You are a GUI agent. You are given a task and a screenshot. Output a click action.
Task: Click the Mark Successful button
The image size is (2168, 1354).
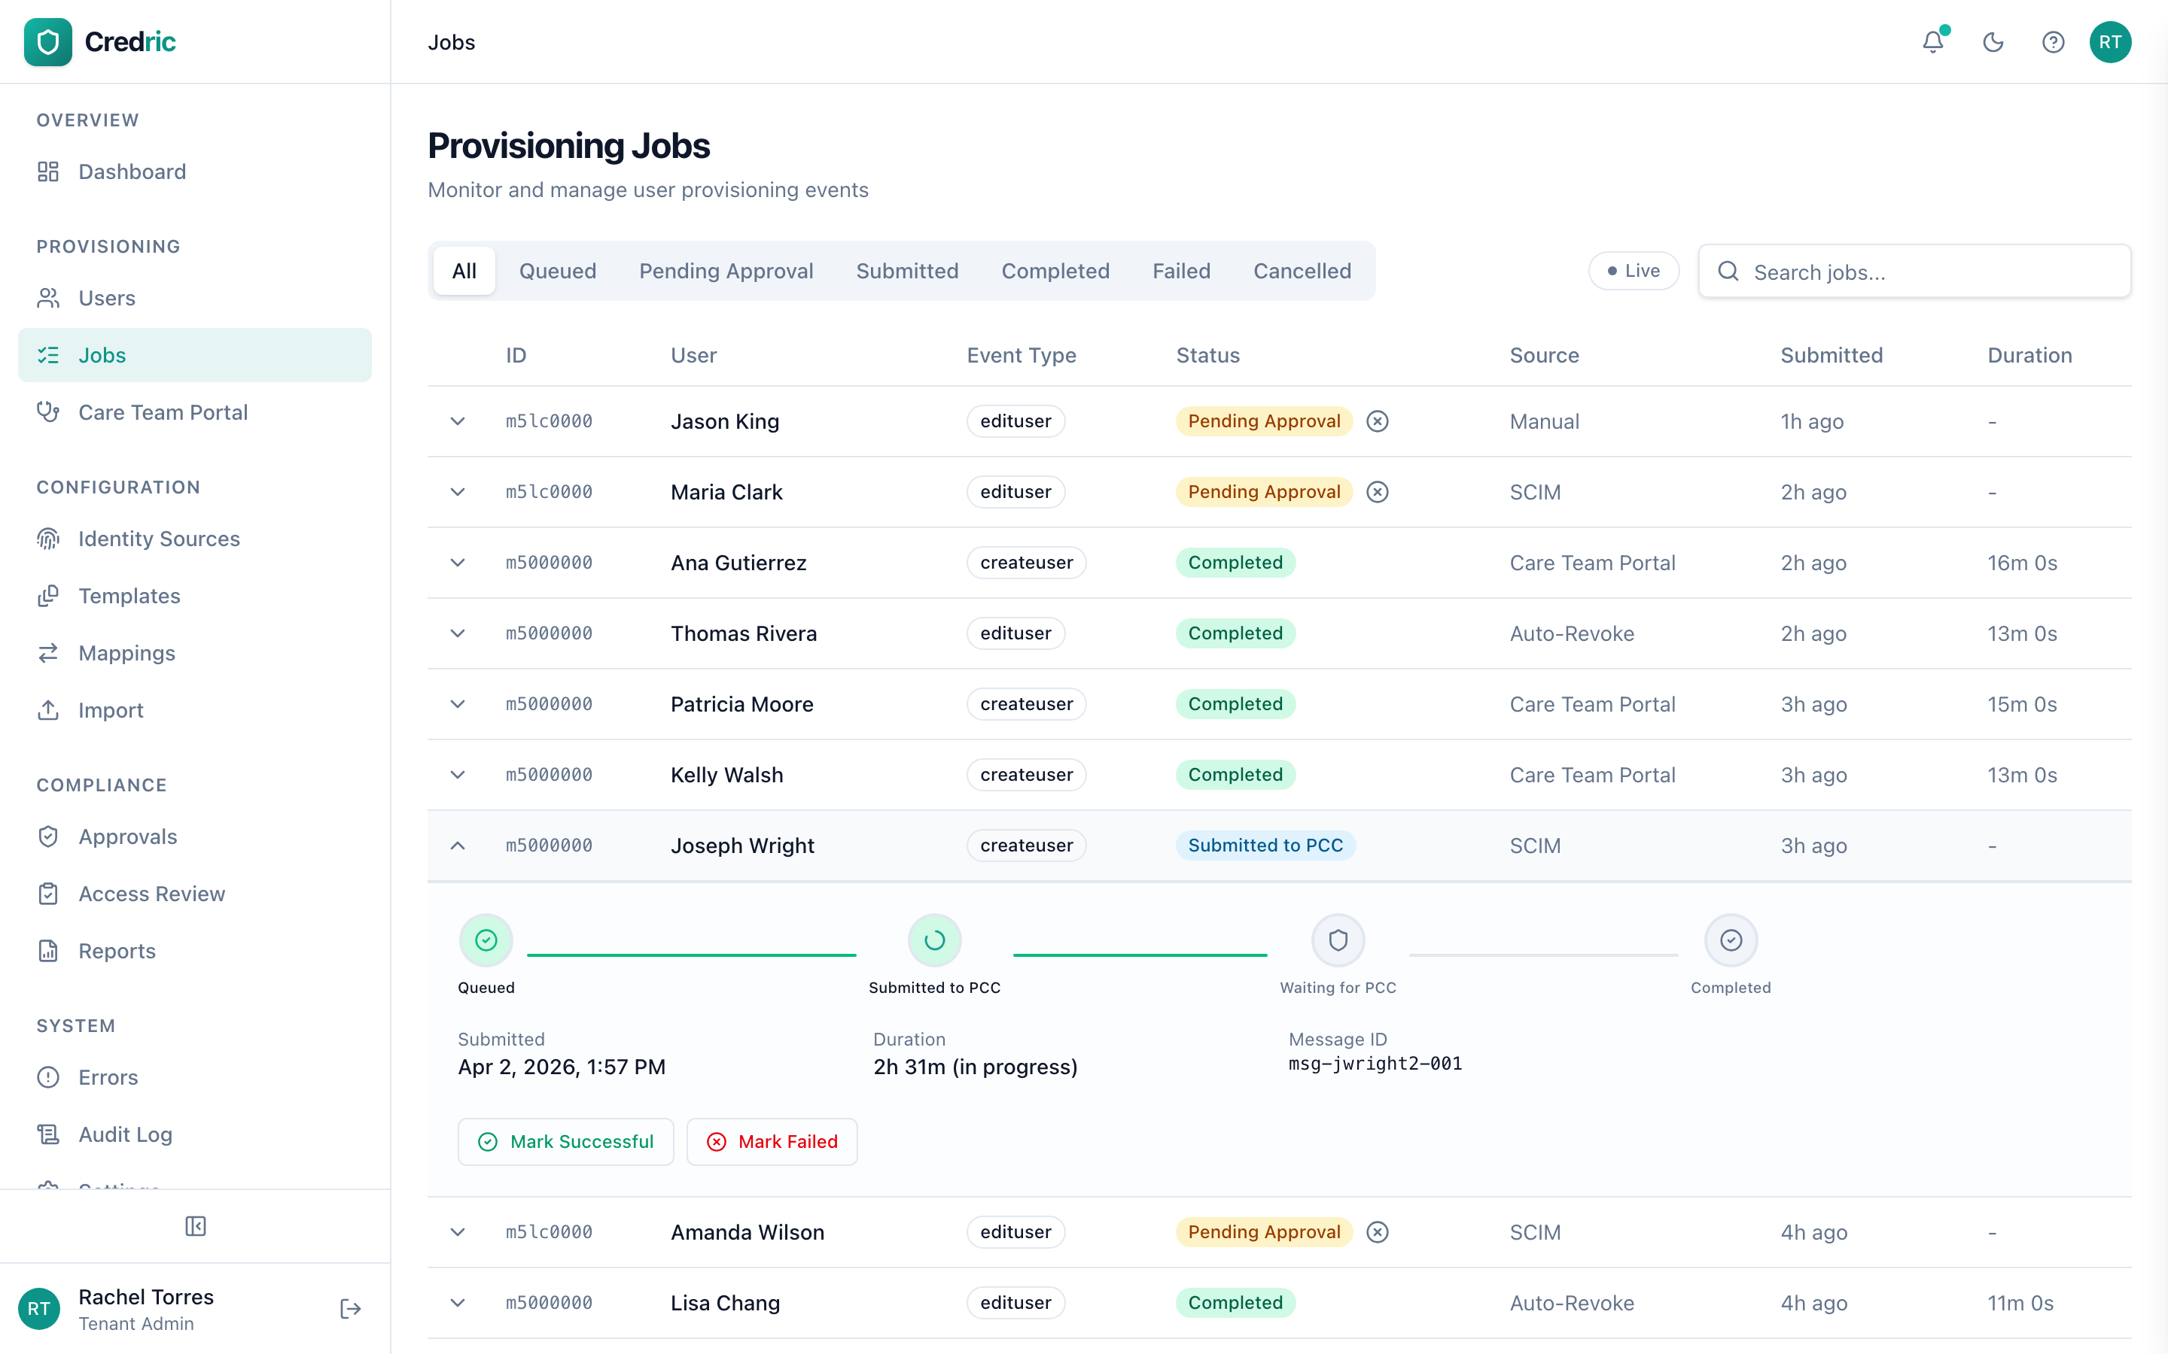click(565, 1142)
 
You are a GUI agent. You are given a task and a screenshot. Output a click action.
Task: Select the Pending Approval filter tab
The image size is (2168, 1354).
click(726, 272)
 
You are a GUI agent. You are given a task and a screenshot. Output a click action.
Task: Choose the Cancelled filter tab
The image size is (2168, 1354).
click(1302, 272)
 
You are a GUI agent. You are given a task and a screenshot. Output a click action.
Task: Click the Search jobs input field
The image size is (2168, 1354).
click(1926, 272)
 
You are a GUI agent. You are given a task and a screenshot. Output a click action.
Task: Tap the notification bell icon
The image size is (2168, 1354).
click(1932, 42)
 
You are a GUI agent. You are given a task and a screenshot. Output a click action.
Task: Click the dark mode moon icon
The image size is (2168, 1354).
click(1993, 42)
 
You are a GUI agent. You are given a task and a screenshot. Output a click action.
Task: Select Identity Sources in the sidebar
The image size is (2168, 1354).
click(159, 539)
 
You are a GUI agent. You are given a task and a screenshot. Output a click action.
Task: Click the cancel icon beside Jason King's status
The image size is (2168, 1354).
click(1377, 421)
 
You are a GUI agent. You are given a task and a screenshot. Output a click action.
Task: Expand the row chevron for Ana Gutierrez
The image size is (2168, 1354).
click(458, 563)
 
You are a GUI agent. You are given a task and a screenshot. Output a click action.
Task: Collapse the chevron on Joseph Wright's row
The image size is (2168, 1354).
click(458, 845)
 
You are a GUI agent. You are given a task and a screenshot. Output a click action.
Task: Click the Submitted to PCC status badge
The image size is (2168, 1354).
click(1265, 845)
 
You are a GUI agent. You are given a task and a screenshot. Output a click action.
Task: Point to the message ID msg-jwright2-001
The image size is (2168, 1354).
click(1375, 1064)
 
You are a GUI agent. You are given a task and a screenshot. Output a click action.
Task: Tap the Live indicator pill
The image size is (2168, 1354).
click(1634, 272)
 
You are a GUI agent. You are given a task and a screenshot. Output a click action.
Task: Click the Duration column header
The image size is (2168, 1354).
click(2029, 356)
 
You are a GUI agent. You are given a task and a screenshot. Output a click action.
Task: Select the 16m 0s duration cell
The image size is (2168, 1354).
click(2022, 563)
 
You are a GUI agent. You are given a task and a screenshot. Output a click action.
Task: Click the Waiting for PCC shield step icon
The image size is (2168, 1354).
click(1338, 940)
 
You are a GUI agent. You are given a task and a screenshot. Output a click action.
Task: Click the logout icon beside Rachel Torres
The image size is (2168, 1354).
click(350, 1309)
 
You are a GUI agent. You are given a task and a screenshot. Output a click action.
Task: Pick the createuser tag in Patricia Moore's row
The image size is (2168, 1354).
click(1026, 704)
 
